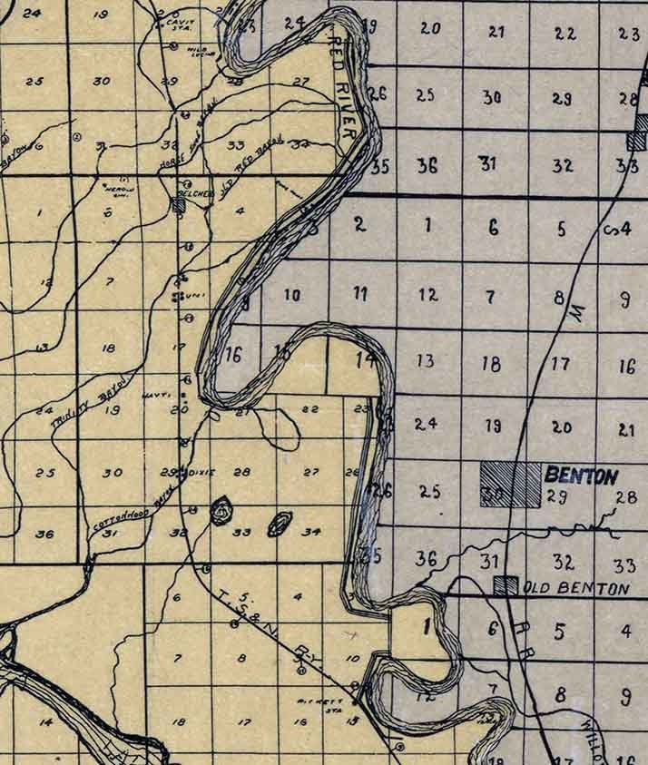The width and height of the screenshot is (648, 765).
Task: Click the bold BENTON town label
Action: click(x=581, y=475)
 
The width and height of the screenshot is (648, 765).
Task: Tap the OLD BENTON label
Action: click(x=576, y=589)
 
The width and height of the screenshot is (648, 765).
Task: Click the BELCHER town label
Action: click(x=199, y=193)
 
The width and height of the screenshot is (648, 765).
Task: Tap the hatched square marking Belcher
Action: click(x=179, y=205)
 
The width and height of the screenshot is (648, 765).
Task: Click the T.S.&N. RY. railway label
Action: click(x=263, y=632)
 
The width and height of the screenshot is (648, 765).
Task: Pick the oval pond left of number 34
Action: click(x=280, y=523)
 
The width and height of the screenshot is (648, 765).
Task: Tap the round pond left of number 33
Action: click(x=221, y=512)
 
